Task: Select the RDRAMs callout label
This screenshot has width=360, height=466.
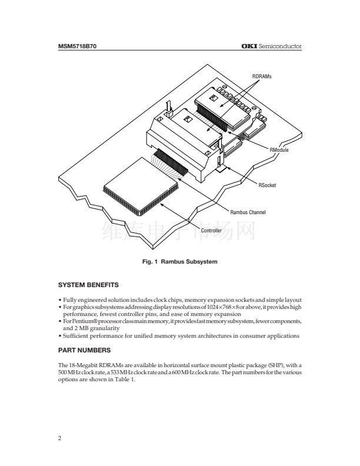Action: (262, 76)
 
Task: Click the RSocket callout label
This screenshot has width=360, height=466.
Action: (267, 185)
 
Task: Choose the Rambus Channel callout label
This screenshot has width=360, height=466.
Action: (248, 212)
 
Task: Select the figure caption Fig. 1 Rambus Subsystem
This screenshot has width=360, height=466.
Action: (180, 261)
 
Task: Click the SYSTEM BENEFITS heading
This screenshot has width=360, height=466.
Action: (88, 285)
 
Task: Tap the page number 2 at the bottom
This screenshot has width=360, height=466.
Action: (59, 438)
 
